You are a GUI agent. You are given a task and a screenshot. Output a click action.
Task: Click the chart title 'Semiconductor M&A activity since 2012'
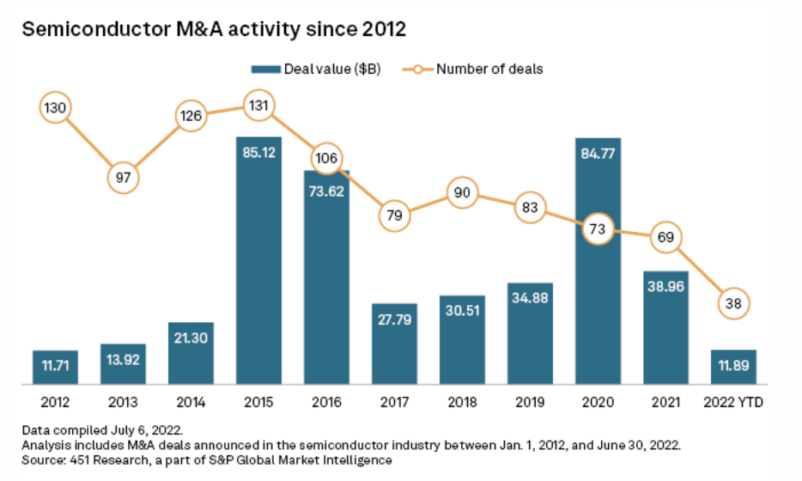(213, 29)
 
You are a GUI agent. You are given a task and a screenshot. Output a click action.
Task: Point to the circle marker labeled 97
(123, 178)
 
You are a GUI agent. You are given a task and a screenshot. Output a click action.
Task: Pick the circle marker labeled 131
(258, 107)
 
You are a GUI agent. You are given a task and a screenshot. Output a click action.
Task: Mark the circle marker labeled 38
(732, 302)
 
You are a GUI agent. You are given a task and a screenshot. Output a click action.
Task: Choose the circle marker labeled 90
(462, 193)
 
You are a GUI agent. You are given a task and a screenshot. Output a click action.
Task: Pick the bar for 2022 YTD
(732, 367)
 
